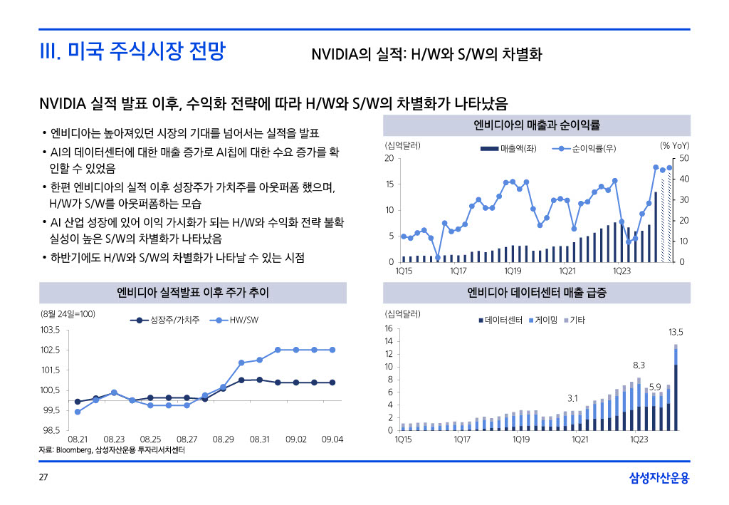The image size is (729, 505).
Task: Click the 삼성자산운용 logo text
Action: point(659,478)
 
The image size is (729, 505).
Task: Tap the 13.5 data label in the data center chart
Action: point(676,333)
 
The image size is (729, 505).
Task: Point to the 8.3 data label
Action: point(639,365)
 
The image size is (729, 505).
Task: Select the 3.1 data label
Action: point(572,397)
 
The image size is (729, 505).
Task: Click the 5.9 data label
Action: point(656,386)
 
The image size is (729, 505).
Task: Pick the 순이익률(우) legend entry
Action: point(584,148)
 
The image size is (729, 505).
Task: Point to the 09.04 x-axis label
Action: point(332,439)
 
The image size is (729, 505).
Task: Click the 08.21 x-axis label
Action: point(78,439)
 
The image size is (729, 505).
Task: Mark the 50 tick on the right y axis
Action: point(684,158)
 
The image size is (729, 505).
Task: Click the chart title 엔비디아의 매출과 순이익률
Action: point(537,126)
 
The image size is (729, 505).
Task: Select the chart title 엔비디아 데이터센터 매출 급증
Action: point(537,293)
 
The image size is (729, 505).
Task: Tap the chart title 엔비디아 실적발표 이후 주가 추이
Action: point(192,293)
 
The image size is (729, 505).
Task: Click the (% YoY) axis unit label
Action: point(675,145)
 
